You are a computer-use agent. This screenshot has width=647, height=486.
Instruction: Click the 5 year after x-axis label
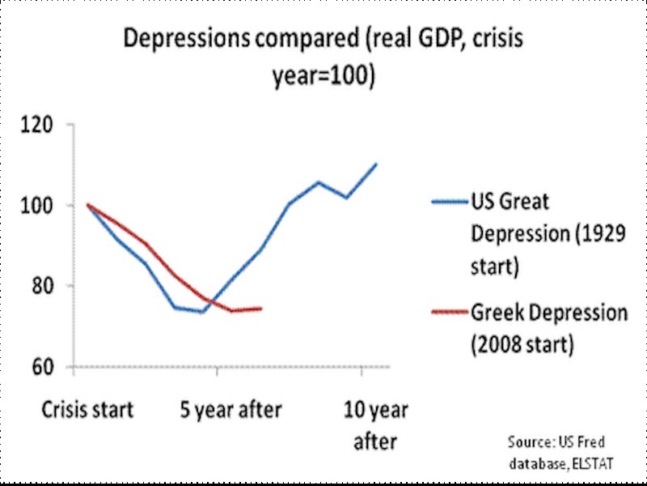point(230,410)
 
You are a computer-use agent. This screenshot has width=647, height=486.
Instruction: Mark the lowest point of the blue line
point(202,312)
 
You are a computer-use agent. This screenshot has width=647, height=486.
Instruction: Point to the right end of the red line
point(261,308)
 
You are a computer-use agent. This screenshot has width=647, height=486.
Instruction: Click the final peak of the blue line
point(376,164)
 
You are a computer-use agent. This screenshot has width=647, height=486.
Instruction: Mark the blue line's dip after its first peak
point(347,198)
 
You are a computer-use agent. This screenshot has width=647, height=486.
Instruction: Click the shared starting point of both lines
point(87,205)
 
